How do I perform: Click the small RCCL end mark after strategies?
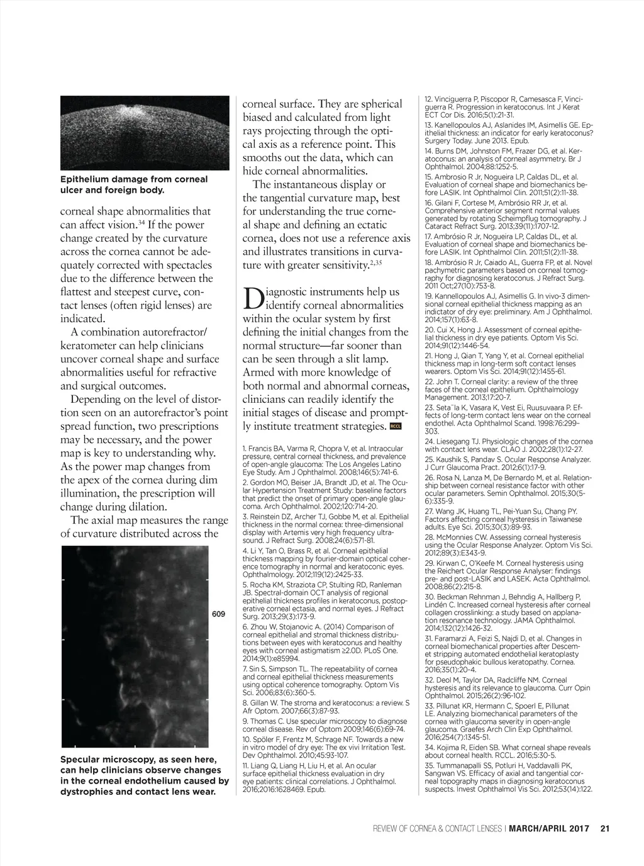396,427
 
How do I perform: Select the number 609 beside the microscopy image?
218,614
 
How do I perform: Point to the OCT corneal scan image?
145,133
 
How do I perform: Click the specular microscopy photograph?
135,646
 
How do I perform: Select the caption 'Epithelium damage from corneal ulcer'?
134,184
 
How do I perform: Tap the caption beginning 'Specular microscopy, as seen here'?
145,775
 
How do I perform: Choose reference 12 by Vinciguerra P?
504,107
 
